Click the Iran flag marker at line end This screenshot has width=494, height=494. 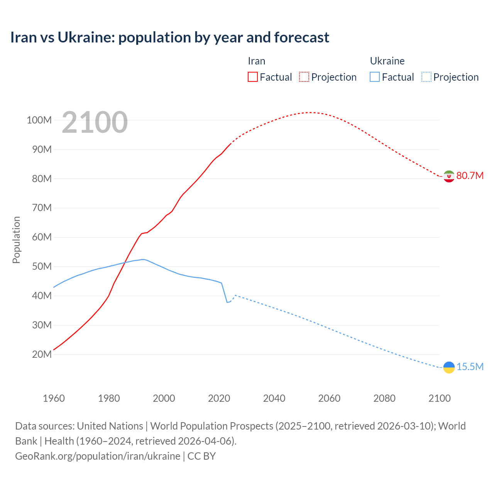[x=448, y=176]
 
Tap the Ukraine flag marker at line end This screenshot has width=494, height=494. [x=448, y=367]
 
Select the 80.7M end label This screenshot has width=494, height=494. [x=470, y=176]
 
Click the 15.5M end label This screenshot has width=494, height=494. [x=470, y=367]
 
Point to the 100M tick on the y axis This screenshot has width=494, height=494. [x=39, y=120]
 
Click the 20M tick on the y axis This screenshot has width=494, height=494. [x=42, y=354]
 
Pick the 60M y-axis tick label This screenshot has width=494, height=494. [x=42, y=237]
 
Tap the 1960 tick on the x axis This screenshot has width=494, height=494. [x=54, y=398]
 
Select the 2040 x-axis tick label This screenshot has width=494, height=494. [x=274, y=398]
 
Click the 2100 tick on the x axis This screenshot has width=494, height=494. [x=439, y=398]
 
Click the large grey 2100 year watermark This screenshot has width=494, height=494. [x=95, y=122]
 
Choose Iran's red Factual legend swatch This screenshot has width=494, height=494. [x=252, y=77]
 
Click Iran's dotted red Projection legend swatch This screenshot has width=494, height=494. [x=304, y=77]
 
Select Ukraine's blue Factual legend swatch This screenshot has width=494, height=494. [x=374, y=77]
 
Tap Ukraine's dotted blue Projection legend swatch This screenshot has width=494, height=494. [x=426, y=77]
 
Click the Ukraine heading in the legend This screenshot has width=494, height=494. [x=387, y=61]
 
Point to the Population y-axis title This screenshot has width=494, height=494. [x=16, y=240]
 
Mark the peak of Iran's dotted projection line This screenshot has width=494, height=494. [x=310, y=112]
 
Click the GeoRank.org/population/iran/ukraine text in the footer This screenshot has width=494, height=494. [x=98, y=456]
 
